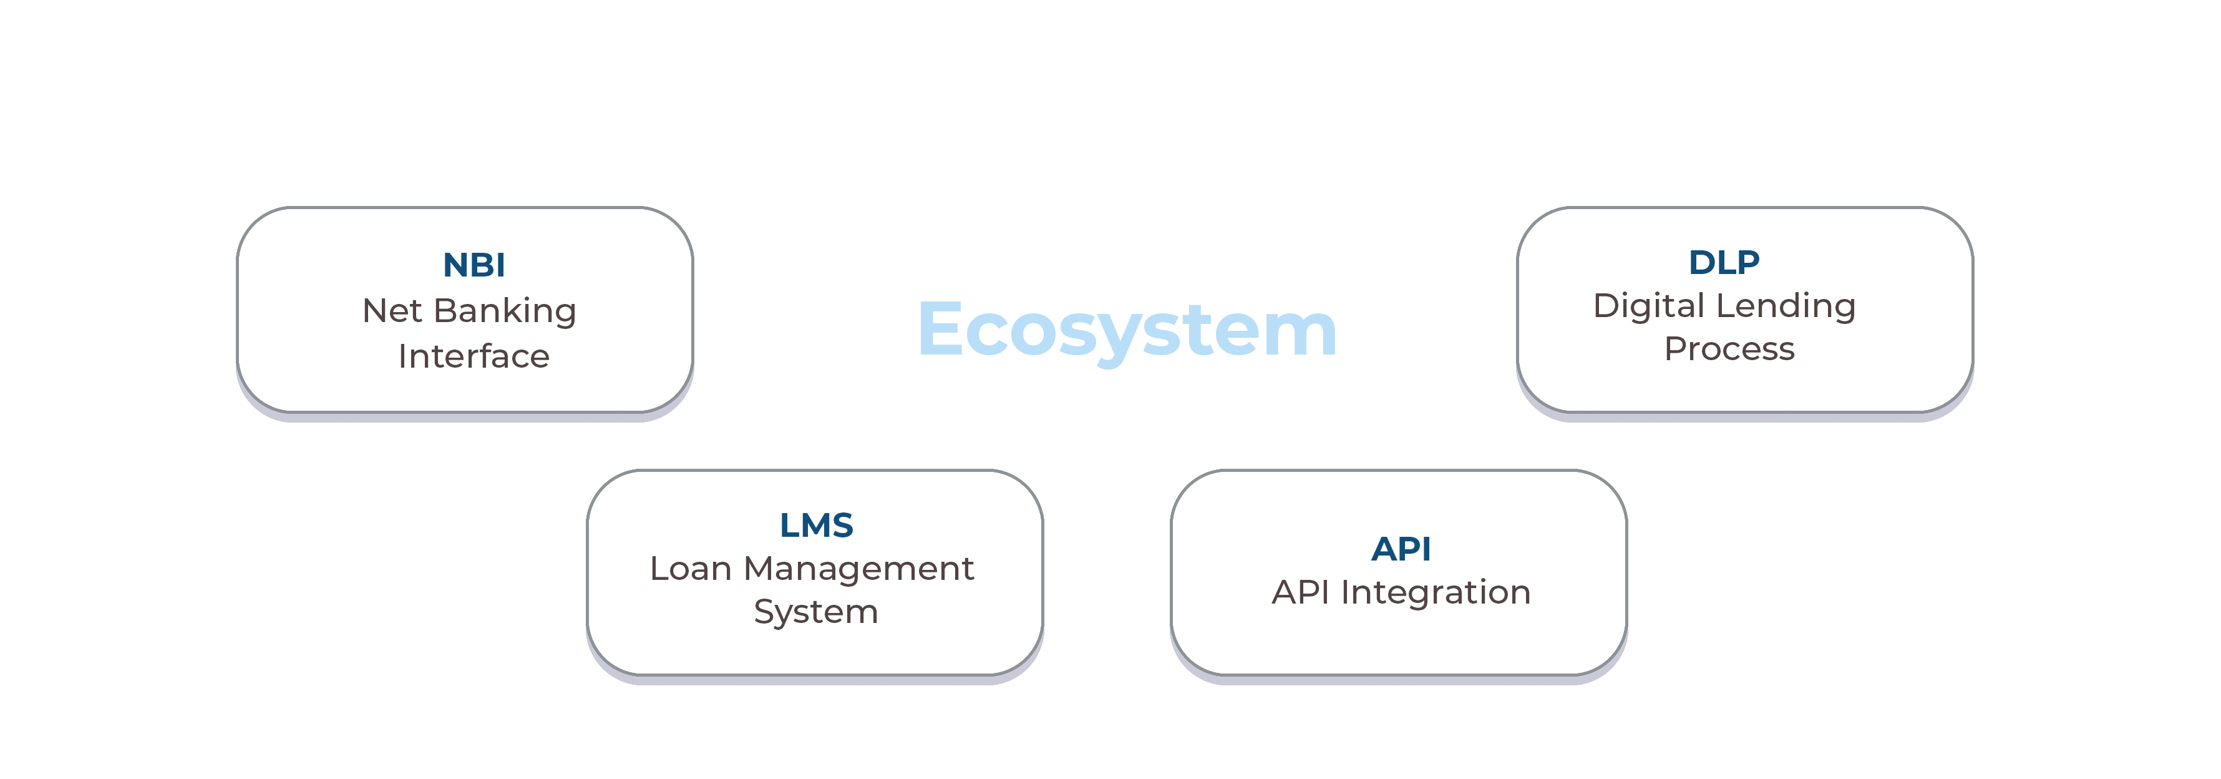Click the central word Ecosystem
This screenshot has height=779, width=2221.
coord(1127,330)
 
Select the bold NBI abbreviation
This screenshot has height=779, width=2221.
coord(474,265)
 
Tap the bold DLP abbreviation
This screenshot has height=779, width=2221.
coord(1724,262)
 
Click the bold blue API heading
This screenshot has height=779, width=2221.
coord(1401,549)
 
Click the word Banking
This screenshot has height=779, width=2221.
coord(505,312)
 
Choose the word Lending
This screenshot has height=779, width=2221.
coord(1786,307)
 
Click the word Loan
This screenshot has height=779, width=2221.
coord(691,569)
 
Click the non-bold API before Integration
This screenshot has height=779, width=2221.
coord(1300,592)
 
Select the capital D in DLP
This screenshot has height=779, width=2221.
coord(1701,262)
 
